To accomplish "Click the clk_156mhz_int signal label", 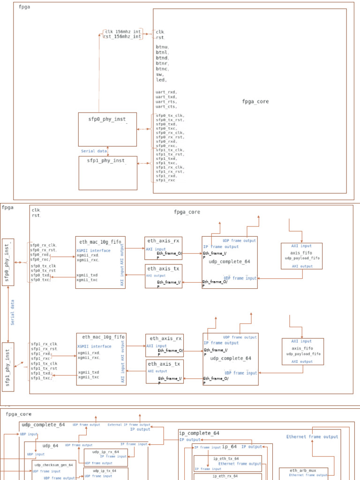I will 123,31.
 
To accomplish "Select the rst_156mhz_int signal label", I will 123,37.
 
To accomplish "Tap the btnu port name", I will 162,47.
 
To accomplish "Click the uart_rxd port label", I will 166,92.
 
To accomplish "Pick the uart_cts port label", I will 166,106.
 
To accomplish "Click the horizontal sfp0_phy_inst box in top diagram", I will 107,129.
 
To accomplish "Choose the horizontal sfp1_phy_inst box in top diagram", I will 108,172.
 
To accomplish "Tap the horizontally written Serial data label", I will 94,151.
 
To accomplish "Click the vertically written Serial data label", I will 13,313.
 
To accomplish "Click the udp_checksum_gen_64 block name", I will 53,465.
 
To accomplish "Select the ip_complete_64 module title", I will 200,433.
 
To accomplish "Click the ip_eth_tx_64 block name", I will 226,458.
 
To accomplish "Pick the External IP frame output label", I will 129,425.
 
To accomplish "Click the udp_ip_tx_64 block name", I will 105,471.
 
